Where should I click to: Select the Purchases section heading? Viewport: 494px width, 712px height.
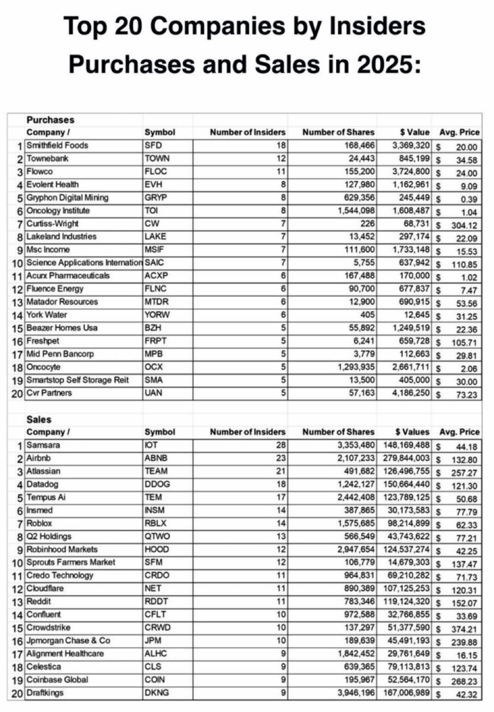click(x=50, y=120)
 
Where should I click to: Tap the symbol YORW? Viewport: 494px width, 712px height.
click(x=157, y=315)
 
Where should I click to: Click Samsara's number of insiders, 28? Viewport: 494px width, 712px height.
click(x=279, y=446)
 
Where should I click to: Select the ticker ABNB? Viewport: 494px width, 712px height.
click(x=157, y=459)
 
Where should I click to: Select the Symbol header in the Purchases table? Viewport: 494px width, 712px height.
click(x=159, y=132)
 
